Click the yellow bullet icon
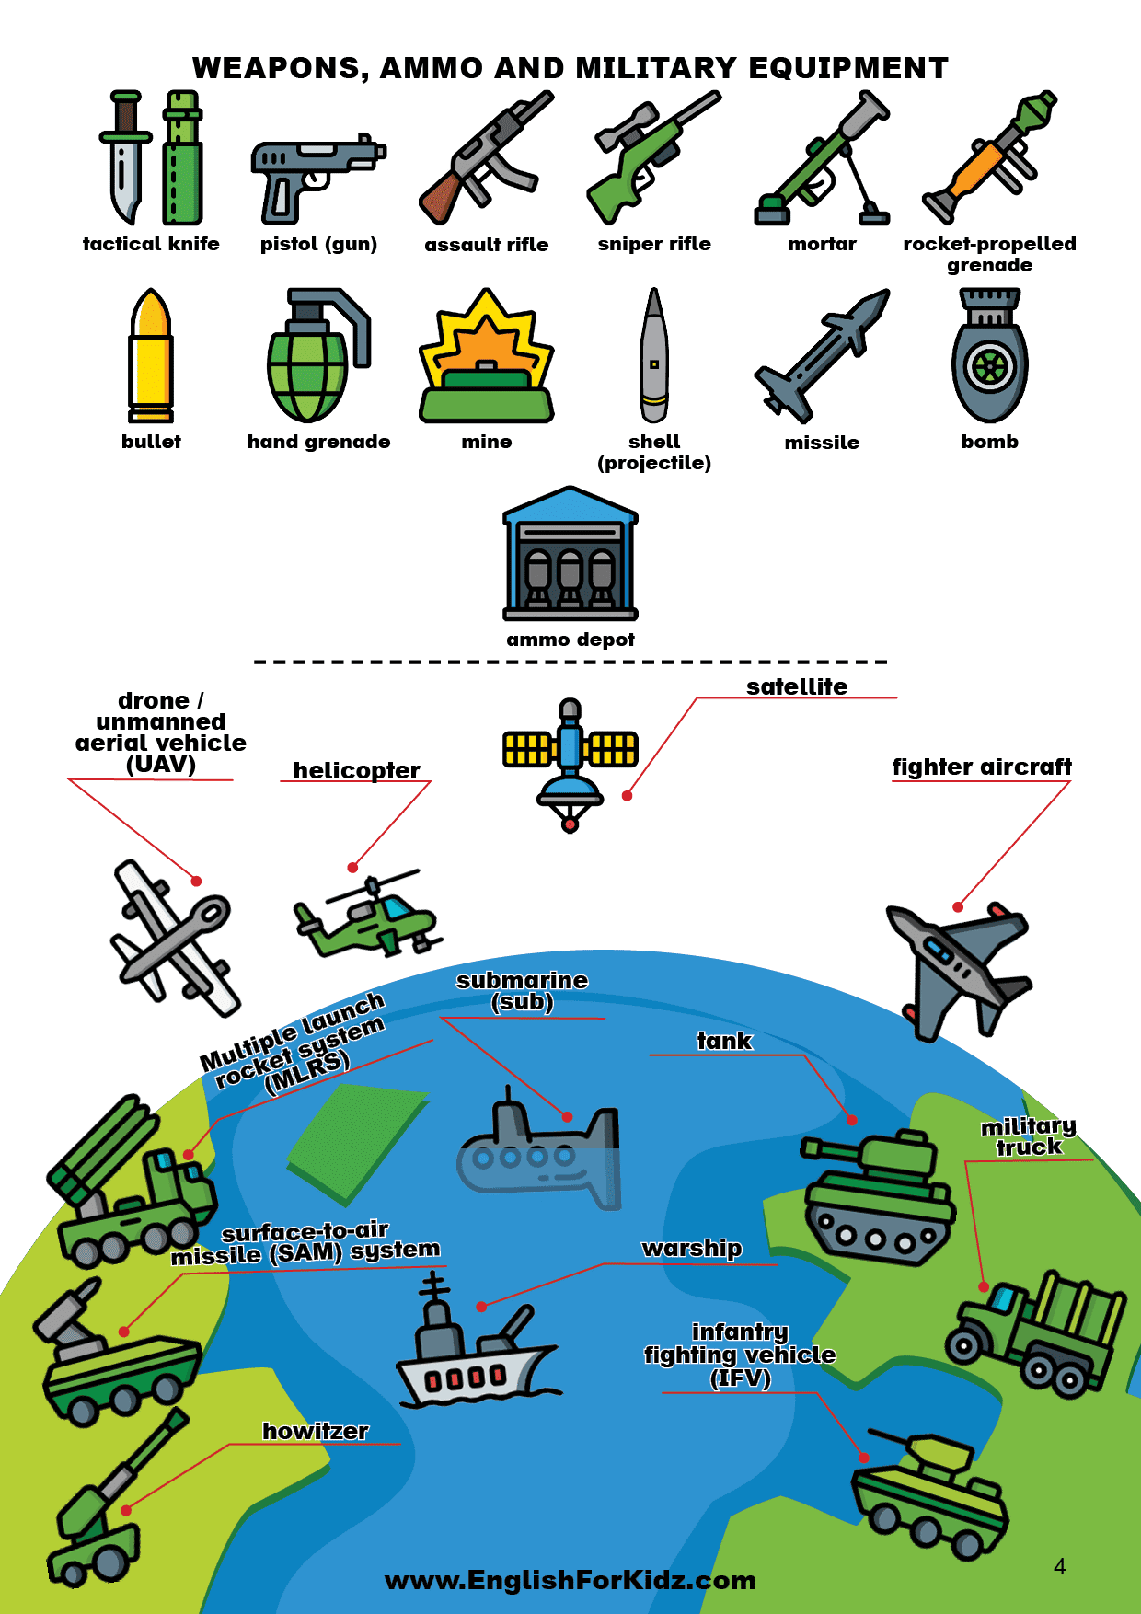click(x=151, y=357)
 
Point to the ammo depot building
click(x=570, y=556)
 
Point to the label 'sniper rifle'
click(x=654, y=244)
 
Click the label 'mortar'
click(x=822, y=244)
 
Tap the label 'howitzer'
click(x=316, y=1431)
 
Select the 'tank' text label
click(x=724, y=1041)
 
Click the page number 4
click(x=1059, y=1567)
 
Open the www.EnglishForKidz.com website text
click(x=570, y=1580)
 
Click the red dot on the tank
click(x=852, y=1120)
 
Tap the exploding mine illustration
click(x=487, y=359)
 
